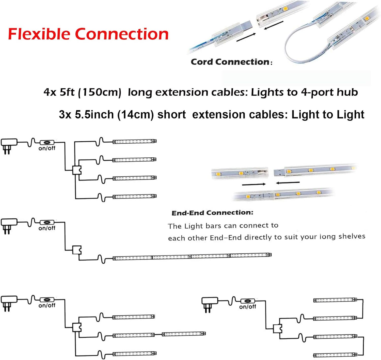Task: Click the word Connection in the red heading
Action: pos(122,34)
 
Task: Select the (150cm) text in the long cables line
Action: pos(100,92)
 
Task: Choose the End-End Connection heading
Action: pos(212,213)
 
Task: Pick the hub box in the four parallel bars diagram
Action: pos(77,170)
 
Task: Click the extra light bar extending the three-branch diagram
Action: pos(184,334)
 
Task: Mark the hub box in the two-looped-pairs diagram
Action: pos(278,328)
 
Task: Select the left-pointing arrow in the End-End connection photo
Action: pos(288,183)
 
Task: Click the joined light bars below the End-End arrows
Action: pos(283,194)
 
